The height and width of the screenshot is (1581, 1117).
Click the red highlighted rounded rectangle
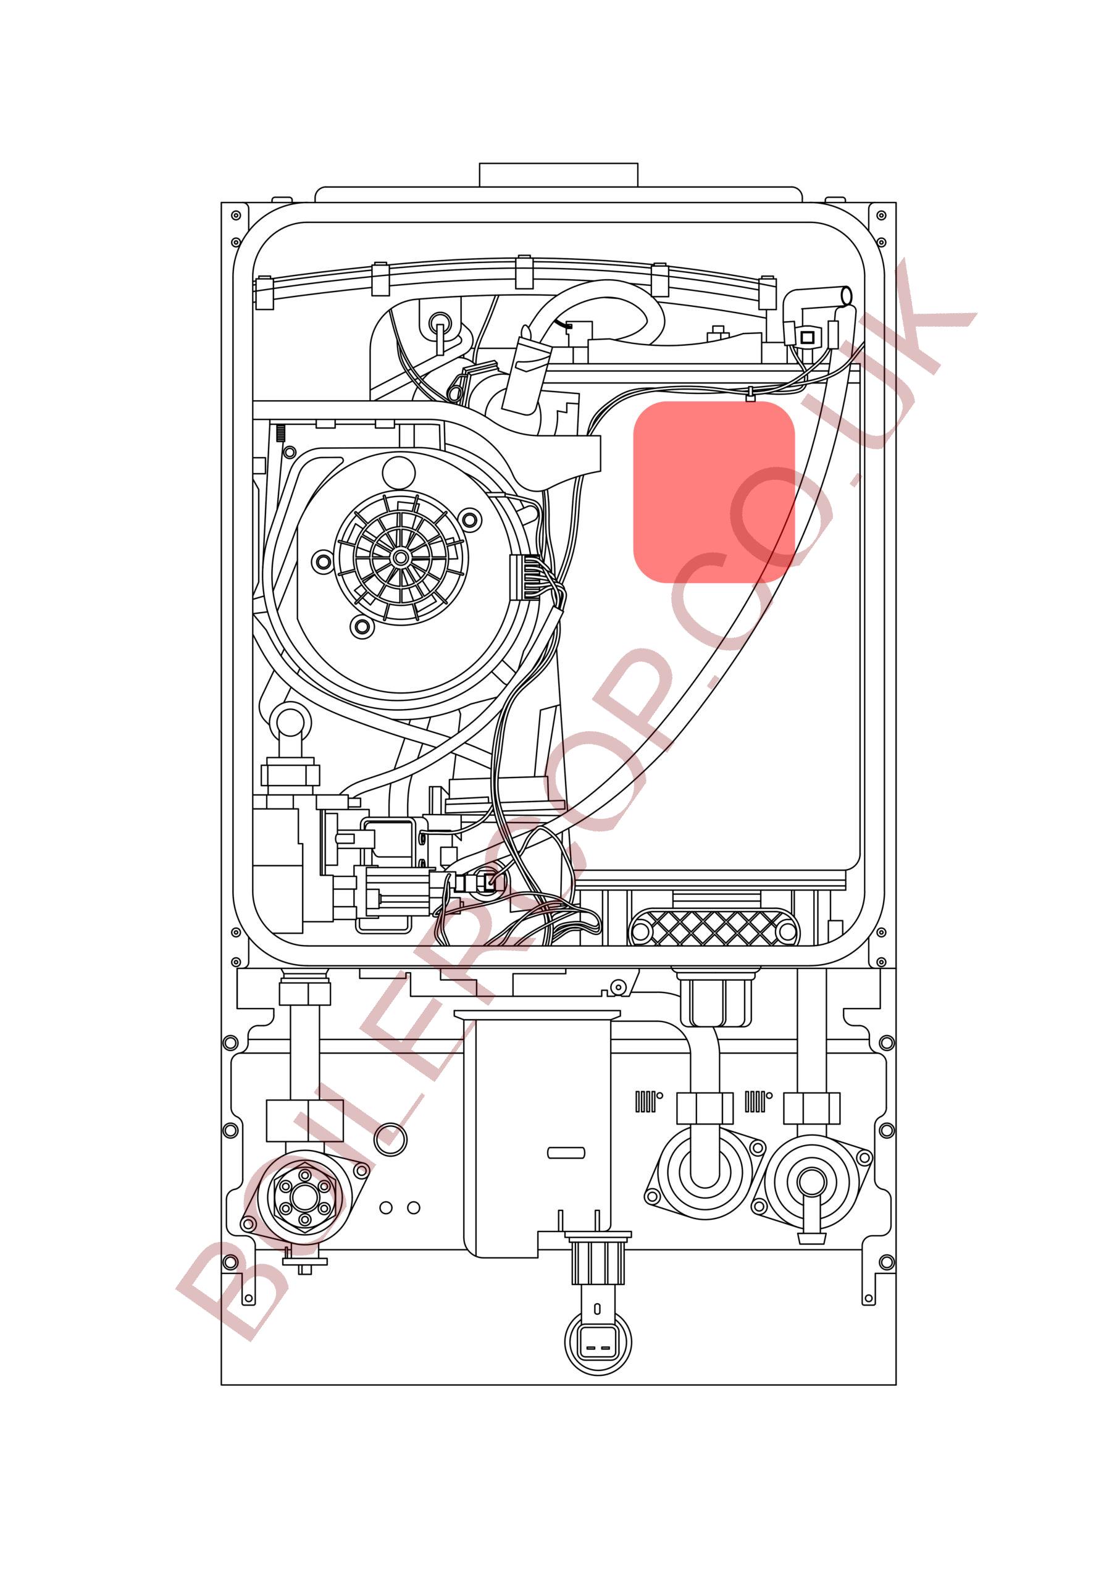(x=714, y=492)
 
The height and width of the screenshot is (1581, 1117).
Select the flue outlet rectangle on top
(x=558, y=175)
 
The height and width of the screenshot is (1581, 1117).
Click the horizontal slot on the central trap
(x=566, y=1152)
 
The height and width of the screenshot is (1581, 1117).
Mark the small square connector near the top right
(x=808, y=337)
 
